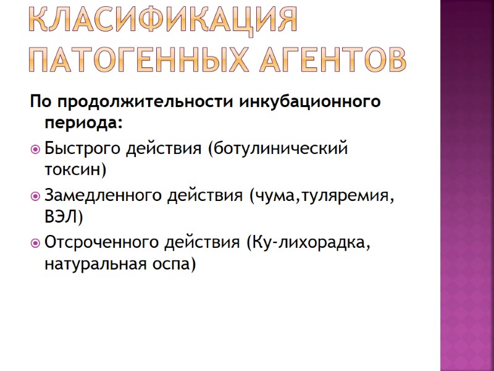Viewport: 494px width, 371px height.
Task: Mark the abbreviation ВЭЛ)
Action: coord(64,216)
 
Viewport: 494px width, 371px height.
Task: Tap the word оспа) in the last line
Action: coord(175,264)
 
